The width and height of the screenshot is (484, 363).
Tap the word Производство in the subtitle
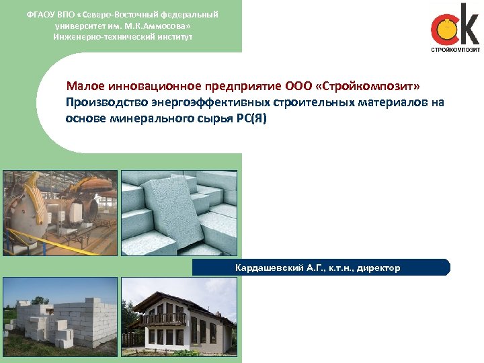(x=101, y=103)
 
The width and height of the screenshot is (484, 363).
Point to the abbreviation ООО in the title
(x=298, y=87)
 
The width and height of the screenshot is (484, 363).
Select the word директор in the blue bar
(x=378, y=268)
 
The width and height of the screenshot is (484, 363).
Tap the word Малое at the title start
(x=83, y=87)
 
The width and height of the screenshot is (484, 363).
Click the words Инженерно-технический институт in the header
(x=122, y=36)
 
